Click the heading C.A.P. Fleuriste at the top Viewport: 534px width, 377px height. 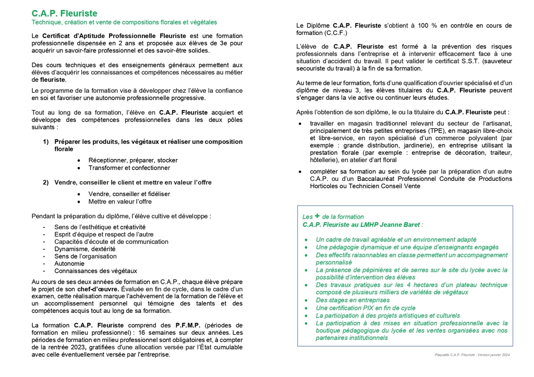click(64, 14)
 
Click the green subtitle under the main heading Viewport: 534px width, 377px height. click(124, 22)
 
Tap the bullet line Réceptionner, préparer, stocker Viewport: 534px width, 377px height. click(133, 160)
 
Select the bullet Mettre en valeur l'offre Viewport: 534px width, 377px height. click(120, 201)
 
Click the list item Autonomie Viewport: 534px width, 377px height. click(69, 263)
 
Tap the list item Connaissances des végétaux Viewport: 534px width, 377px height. click(95, 271)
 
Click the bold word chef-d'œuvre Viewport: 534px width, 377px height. click(98, 289)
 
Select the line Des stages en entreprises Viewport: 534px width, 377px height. click(353, 300)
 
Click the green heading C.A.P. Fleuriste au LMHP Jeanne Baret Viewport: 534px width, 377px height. click(362, 224)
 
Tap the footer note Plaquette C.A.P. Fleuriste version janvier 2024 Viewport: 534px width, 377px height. click(472, 355)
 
